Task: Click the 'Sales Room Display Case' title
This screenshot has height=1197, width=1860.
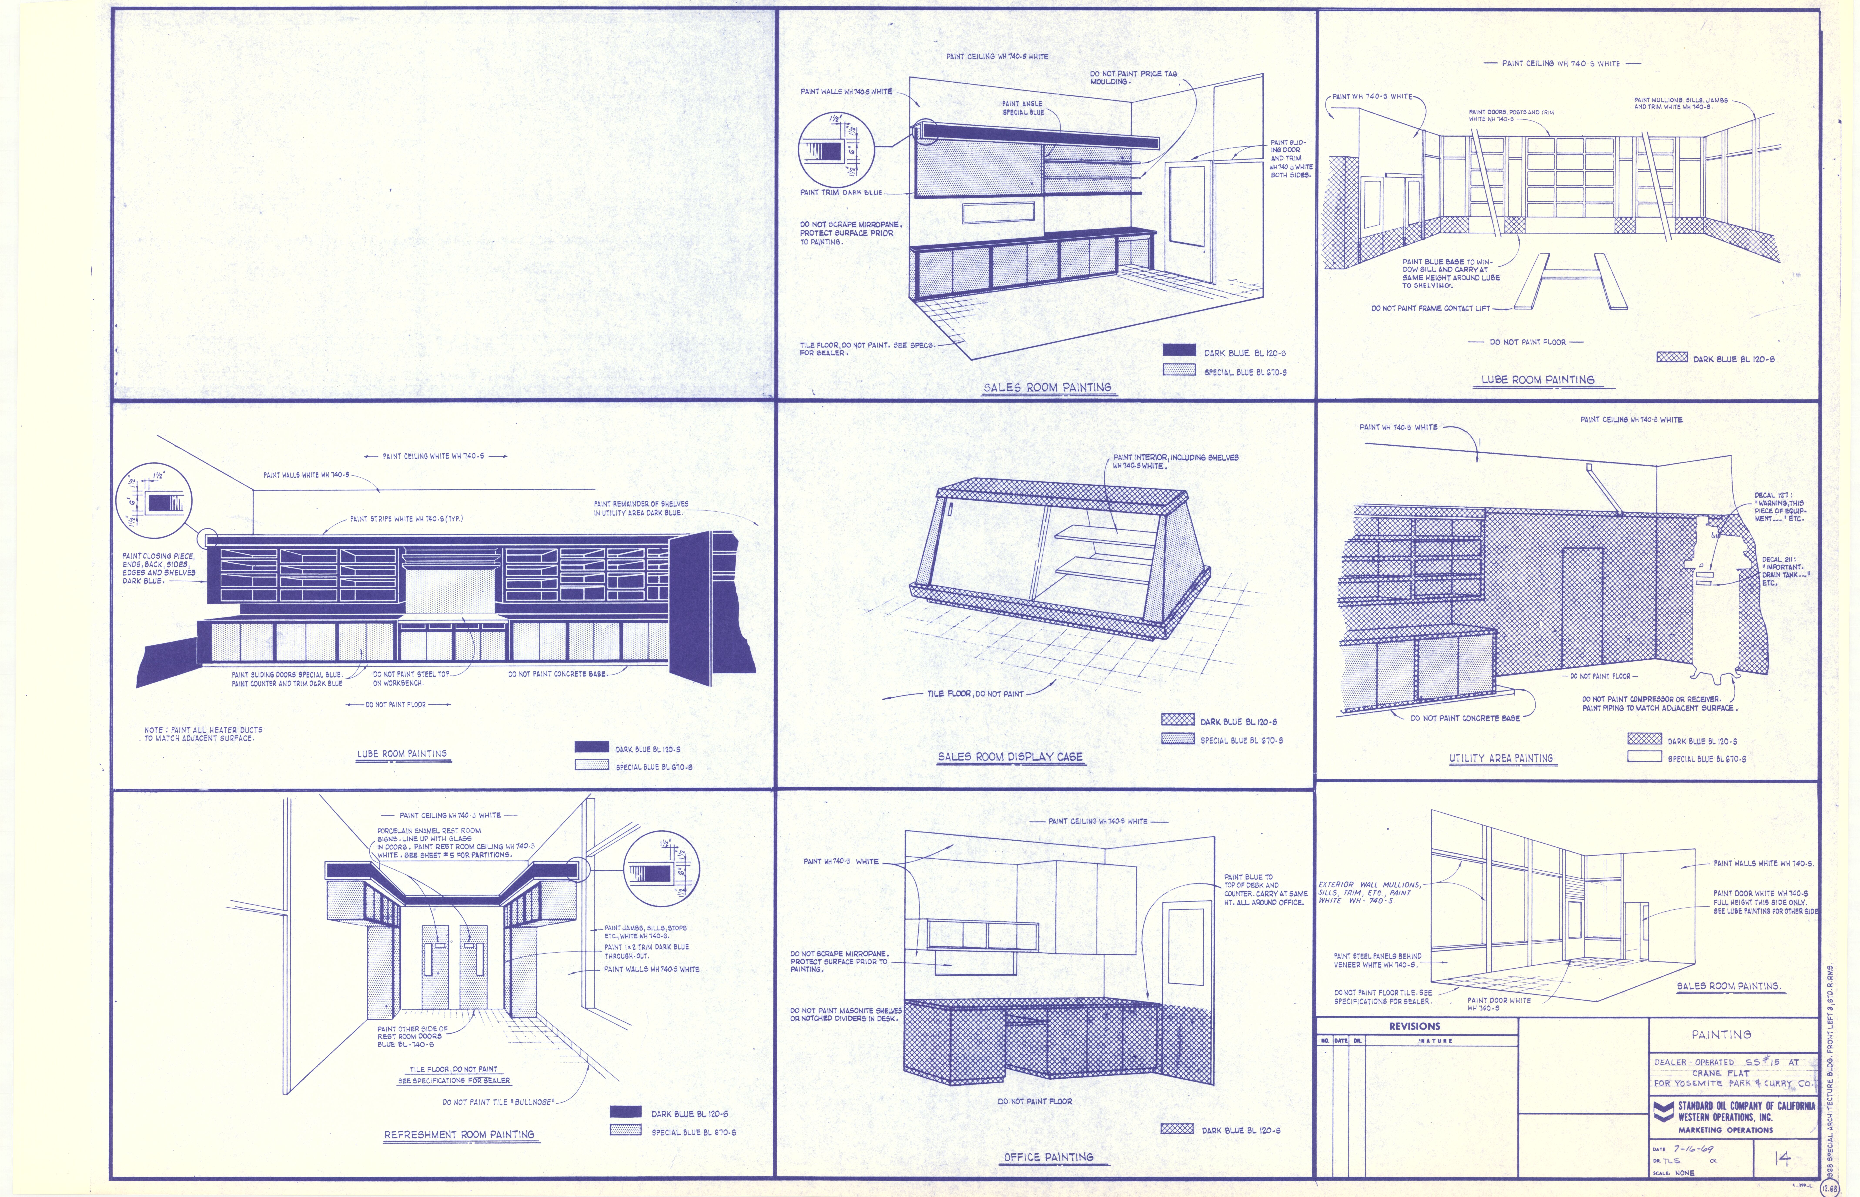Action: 1010,756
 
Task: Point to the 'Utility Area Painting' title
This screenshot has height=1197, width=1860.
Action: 1501,758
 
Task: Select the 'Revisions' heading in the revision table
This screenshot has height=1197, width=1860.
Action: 1415,1026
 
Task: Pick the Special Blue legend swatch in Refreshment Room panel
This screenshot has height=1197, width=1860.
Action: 626,1130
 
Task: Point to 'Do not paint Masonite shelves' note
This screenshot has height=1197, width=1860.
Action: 845,1014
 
